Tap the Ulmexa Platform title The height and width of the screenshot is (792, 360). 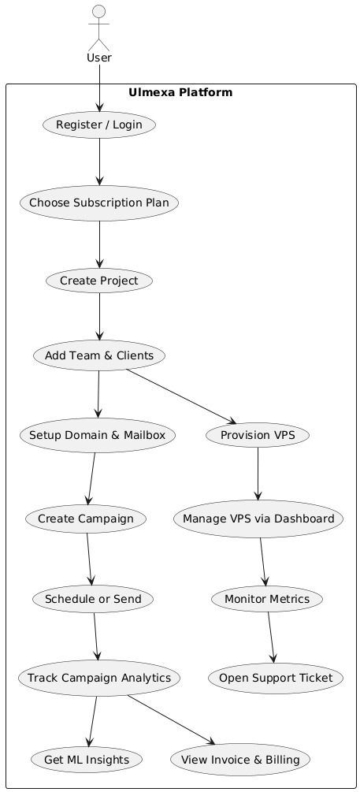pyautogui.click(x=180, y=92)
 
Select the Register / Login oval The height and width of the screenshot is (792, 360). pyautogui.click(x=99, y=125)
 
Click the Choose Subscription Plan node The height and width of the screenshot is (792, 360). pyautogui.click(x=99, y=203)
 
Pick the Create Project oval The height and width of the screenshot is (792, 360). pyautogui.click(x=99, y=281)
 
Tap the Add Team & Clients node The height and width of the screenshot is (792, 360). pyautogui.click(x=99, y=356)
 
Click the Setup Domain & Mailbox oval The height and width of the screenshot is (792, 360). pyautogui.click(x=96, y=435)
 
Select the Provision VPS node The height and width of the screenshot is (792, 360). pyautogui.click(x=258, y=435)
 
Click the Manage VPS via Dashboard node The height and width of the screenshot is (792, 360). pyautogui.click(x=258, y=519)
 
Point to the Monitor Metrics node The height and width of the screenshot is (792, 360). pyautogui.click(x=267, y=599)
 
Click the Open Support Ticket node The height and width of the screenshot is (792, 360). pyautogui.click(x=276, y=677)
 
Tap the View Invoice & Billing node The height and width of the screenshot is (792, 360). pyautogui.click(x=240, y=759)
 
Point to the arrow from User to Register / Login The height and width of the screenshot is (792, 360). pyautogui.click(x=99, y=87)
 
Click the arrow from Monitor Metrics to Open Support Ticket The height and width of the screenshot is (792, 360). pyautogui.click(x=271, y=637)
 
